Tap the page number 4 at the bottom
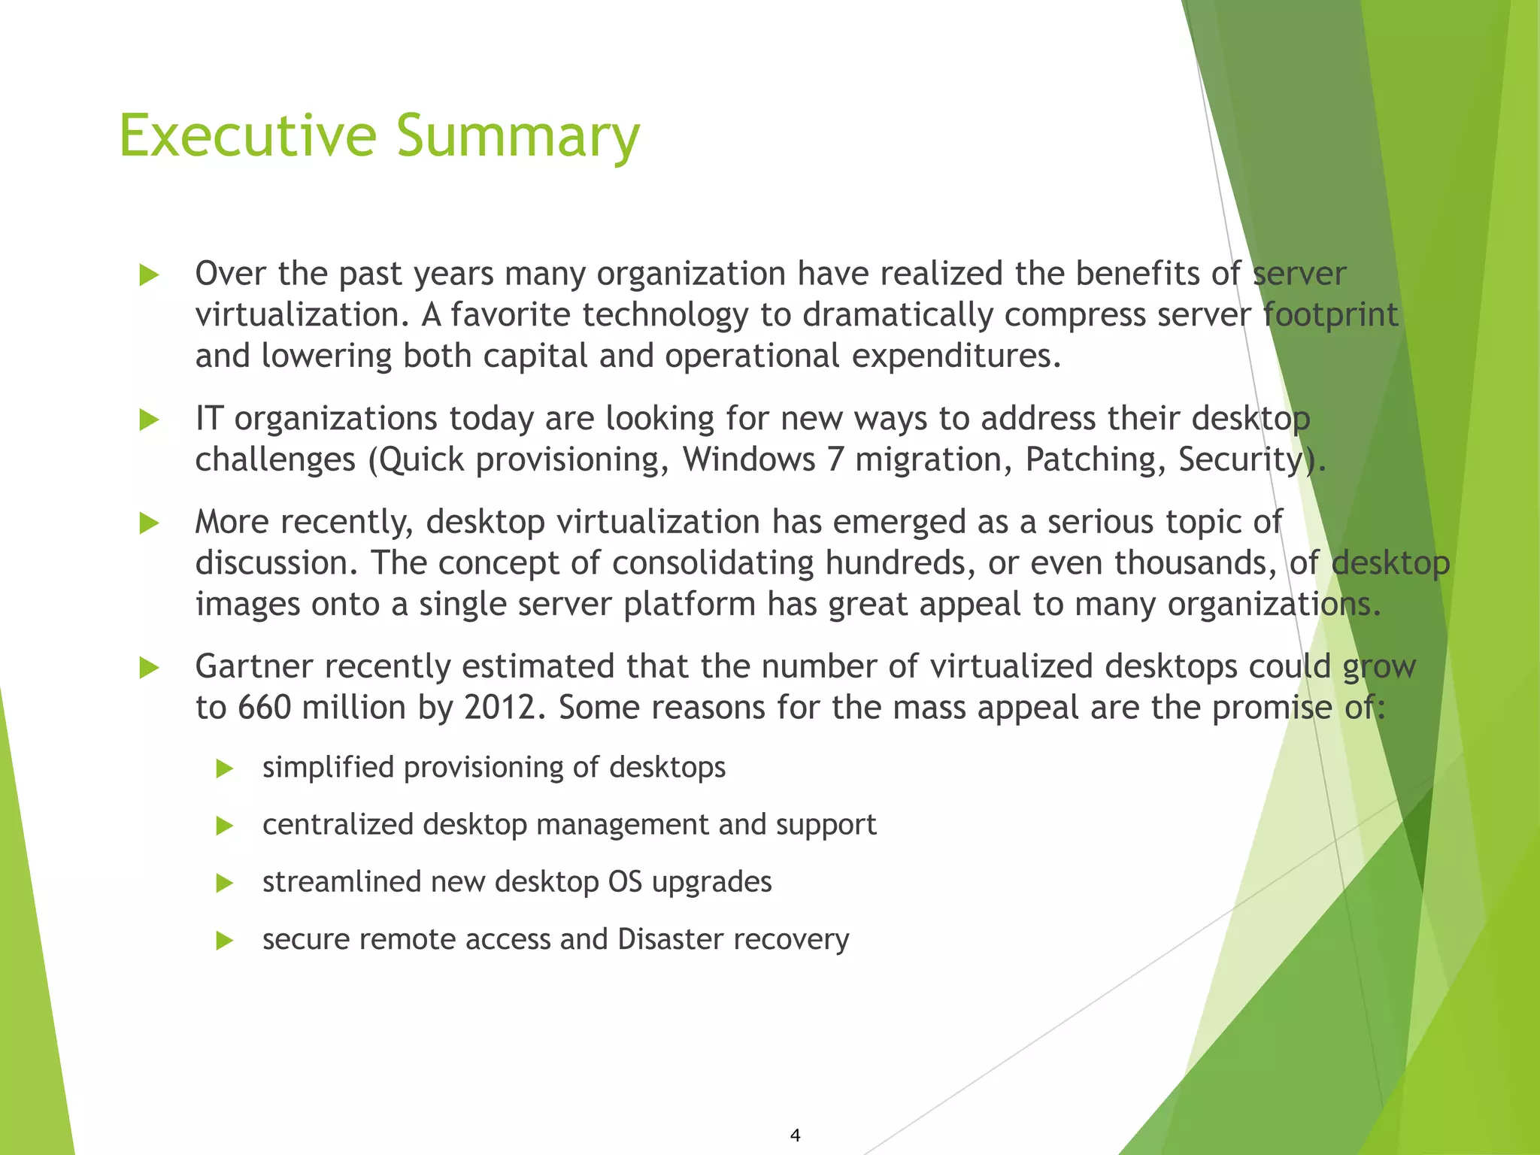tap(796, 1135)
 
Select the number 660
tap(264, 708)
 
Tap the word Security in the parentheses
tap(1240, 459)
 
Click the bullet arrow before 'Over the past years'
tap(150, 275)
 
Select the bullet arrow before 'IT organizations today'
tap(150, 420)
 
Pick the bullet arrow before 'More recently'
tap(150, 523)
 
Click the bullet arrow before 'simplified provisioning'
tap(225, 768)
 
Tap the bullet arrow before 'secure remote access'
tap(225, 940)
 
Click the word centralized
tap(338, 825)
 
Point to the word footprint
tap(1330, 314)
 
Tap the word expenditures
tap(956, 356)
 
